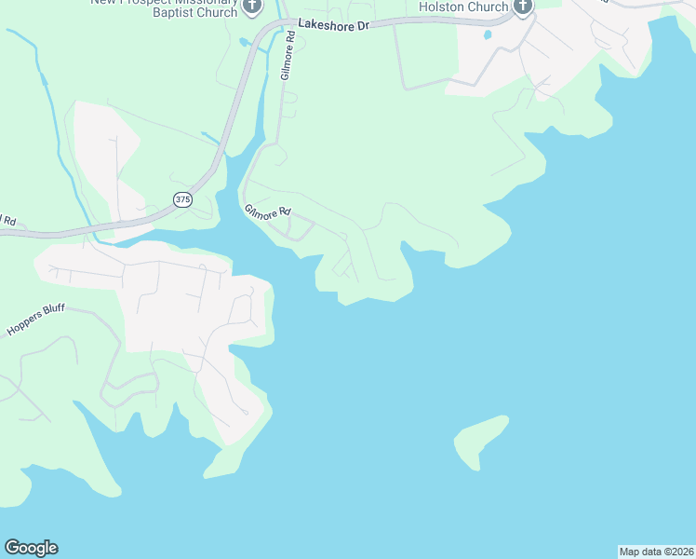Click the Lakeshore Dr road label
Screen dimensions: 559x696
click(x=334, y=26)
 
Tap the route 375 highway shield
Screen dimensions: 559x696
click(x=182, y=199)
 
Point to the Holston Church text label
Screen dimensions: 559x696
click(x=463, y=7)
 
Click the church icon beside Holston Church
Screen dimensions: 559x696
click(x=523, y=7)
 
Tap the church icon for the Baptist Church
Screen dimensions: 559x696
click(x=251, y=7)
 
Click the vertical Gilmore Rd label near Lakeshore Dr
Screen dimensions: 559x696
click(x=288, y=55)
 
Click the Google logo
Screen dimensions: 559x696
click(x=31, y=548)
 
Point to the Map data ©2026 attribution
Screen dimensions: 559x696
click(x=656, y=552)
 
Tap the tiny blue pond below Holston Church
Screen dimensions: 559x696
click(x=488, y=36)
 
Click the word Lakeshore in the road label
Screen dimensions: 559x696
click(x=325, y=26)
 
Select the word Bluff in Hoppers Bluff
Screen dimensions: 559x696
click(x=53, y=313)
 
